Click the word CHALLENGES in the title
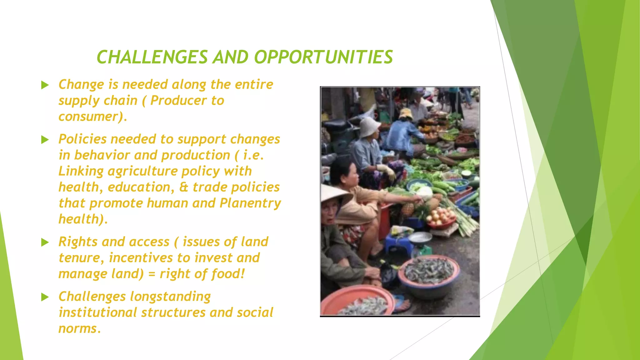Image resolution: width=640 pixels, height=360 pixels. [x=152, y=57]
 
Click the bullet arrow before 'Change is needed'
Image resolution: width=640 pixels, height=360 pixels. [x=45, y=85]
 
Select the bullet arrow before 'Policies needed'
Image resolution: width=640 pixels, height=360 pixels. [x=45, y=140]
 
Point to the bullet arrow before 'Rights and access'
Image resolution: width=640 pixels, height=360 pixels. [x=45, y=242]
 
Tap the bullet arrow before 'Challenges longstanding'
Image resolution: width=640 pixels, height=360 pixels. [x=45, y=297]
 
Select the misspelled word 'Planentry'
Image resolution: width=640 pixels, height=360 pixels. [x=250, y=203]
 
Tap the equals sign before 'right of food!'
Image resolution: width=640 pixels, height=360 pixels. [x=152, y=274]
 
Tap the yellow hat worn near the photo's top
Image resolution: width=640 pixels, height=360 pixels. [x=406, y=113]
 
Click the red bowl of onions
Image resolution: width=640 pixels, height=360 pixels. [x=441, y=219]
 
